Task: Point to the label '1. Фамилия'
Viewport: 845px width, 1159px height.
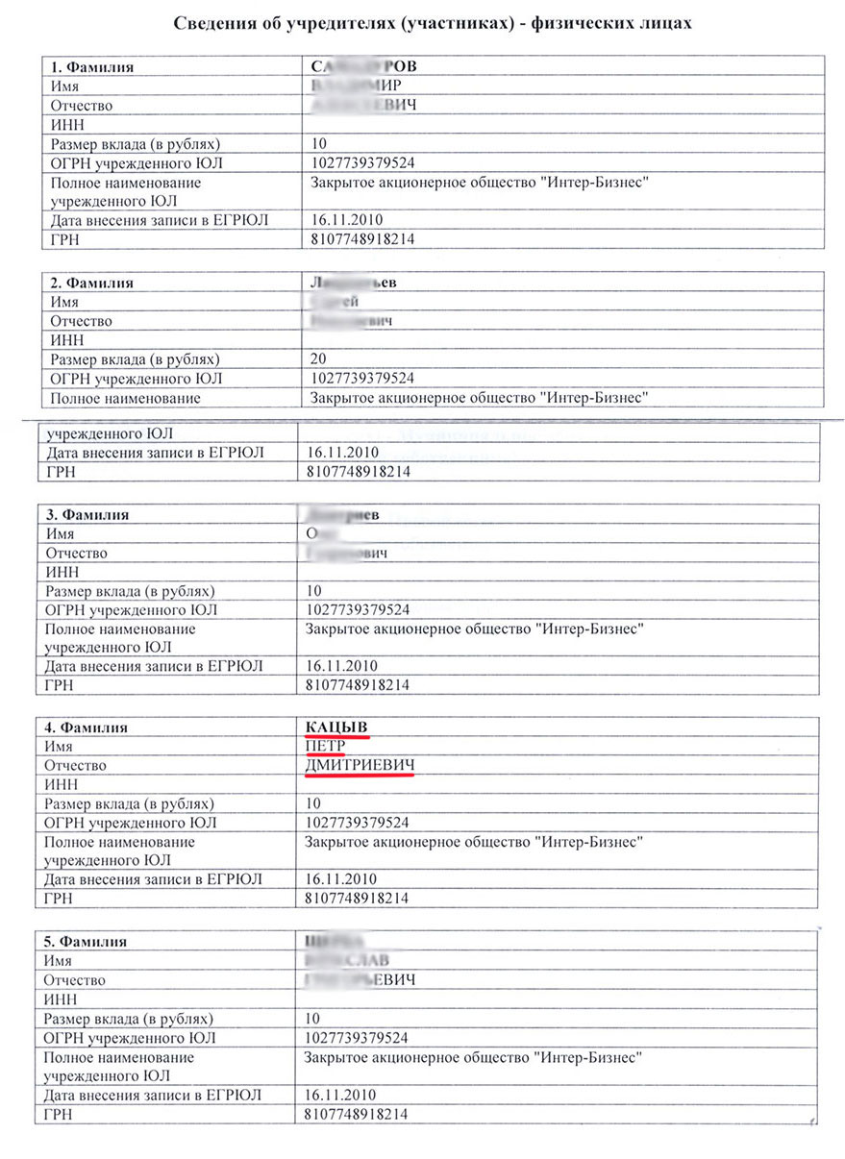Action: [91, 67]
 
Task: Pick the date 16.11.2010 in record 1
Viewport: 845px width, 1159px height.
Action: [347, 220]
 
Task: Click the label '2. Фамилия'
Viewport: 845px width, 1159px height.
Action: [91, 283]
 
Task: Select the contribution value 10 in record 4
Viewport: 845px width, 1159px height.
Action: [313, 803]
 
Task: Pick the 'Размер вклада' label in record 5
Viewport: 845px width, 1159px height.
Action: [129, 1018]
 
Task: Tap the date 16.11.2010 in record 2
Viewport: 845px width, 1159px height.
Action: [341, 452]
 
